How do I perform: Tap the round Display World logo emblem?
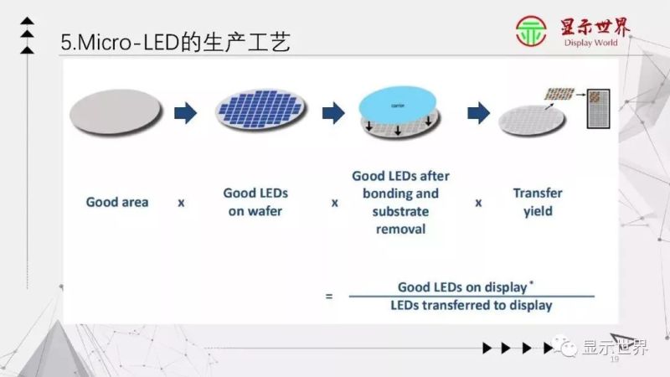click(x=530, y=33)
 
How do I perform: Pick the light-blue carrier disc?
click(x=399, y=105)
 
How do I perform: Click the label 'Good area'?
click(x=117, y=202)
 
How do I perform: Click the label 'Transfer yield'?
click(x=538, y=202)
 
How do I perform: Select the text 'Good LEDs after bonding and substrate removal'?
click(x=400, y=202)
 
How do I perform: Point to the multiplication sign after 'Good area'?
click(x=181, y=203)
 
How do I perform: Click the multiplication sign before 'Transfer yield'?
click(x=479, y=203)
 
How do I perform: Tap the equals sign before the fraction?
click(x=328, y=295)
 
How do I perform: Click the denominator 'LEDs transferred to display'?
click(x=471, y=305)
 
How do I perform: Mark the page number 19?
click(x=614, y=359)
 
